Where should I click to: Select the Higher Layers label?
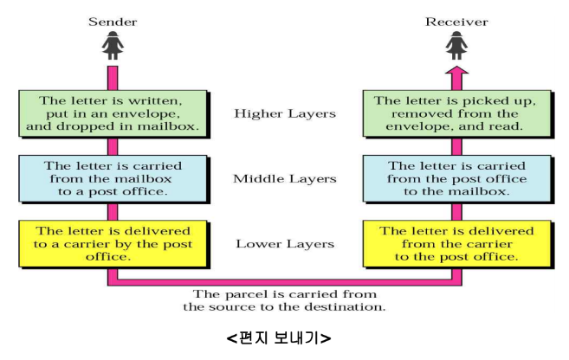(284, 113)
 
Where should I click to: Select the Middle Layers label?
(284, 179)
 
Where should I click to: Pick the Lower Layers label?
(284, 243)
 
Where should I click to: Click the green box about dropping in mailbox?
(113, 113)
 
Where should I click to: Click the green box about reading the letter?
(455, 113)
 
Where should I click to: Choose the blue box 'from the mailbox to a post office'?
(113, 178)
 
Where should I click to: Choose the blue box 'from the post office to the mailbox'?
(455, 178)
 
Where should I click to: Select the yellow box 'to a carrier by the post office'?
(113, 243)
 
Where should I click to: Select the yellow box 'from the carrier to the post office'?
(455, 243)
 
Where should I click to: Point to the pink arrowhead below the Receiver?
(456, 76)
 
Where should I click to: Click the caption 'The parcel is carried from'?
(284, 294)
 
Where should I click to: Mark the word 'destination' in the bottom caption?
(352, 307)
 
